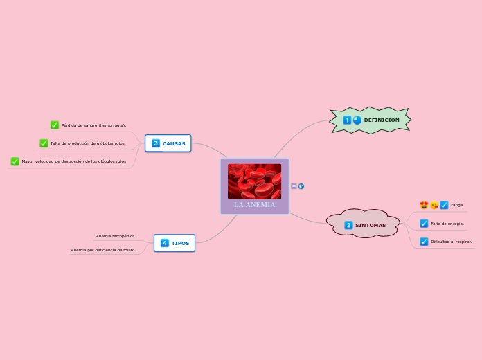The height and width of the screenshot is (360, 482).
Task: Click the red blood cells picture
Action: [254, 181]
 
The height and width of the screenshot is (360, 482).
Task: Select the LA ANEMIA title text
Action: [254, 205]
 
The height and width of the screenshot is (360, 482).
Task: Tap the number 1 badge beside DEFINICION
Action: [347, 120]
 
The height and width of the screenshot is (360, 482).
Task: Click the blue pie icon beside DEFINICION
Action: [357, 120]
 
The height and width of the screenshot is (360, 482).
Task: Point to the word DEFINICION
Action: [382, 120]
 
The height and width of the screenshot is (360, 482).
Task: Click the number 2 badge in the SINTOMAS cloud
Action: [348, 225]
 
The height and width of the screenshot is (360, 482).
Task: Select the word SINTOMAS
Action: [371, 225]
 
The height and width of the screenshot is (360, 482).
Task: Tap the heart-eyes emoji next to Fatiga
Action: [424, 205]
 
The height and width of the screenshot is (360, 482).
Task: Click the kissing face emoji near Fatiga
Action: [434, 205]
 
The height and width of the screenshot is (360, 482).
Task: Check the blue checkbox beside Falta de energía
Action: [424, 224]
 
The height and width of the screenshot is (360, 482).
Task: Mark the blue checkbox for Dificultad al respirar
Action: [424, 242]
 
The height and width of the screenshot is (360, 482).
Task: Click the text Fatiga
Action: [457, 205]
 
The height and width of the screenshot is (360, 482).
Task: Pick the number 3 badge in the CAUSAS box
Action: [156, 143]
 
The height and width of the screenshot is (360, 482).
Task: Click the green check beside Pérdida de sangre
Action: [55, 125]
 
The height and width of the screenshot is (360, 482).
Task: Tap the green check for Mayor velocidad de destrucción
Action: [15, 161]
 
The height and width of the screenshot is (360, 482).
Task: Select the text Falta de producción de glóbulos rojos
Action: [88, 143]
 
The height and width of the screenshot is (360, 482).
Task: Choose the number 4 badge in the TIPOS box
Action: [165, 243]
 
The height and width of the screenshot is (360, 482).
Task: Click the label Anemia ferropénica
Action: [115, 236]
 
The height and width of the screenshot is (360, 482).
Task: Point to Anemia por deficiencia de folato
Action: [102, 250]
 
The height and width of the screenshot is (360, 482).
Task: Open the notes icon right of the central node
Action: [294, 186]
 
